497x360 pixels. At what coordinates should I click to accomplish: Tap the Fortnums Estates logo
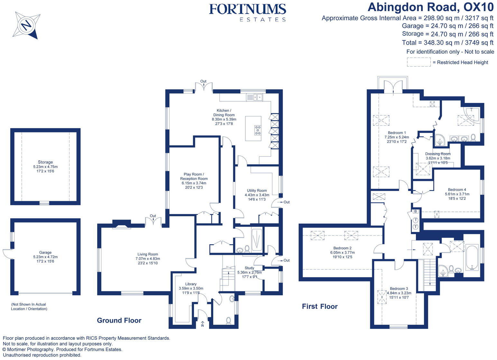[x=247, y=12]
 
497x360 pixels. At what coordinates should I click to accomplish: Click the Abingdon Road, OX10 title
[x=430, y=7]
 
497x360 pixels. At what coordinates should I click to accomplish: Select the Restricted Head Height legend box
[x=419, y=62]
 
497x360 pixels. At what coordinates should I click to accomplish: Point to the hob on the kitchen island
[x=258, y=130]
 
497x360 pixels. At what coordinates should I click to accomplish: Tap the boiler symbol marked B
[x=416, y=212]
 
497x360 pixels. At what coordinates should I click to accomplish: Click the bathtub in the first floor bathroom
[x=472, y=257]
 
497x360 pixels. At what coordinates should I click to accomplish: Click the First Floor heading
[x=319, y=306]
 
